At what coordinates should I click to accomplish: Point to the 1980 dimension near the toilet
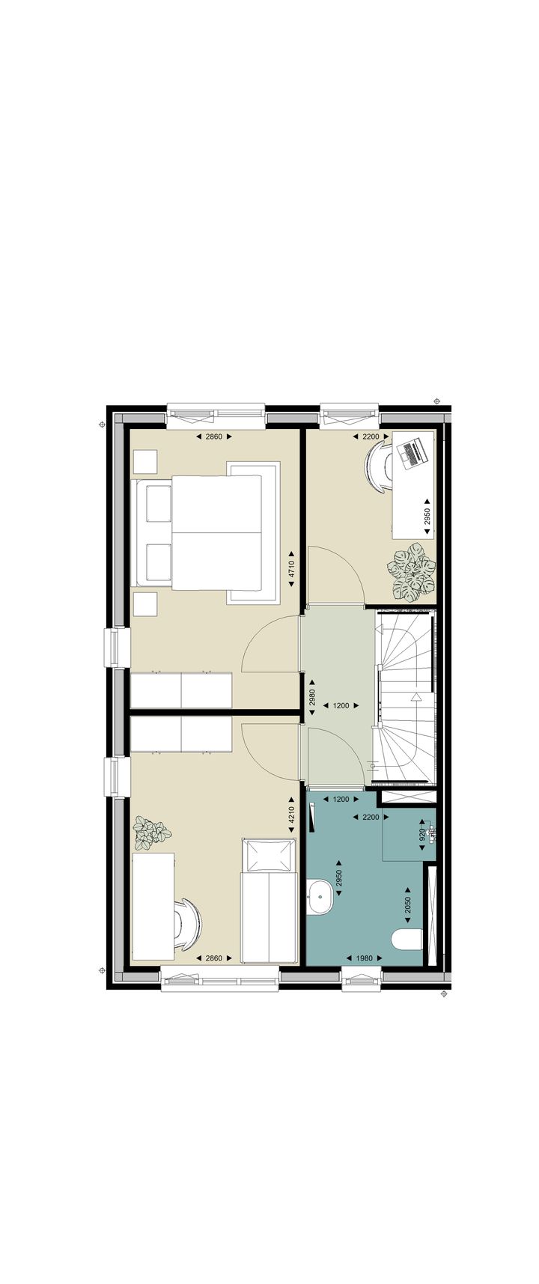(364, 958)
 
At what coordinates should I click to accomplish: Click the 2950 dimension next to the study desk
(427, 516)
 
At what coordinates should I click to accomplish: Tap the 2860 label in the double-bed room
(214, 436)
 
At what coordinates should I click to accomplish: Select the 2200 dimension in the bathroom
(371, 817)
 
